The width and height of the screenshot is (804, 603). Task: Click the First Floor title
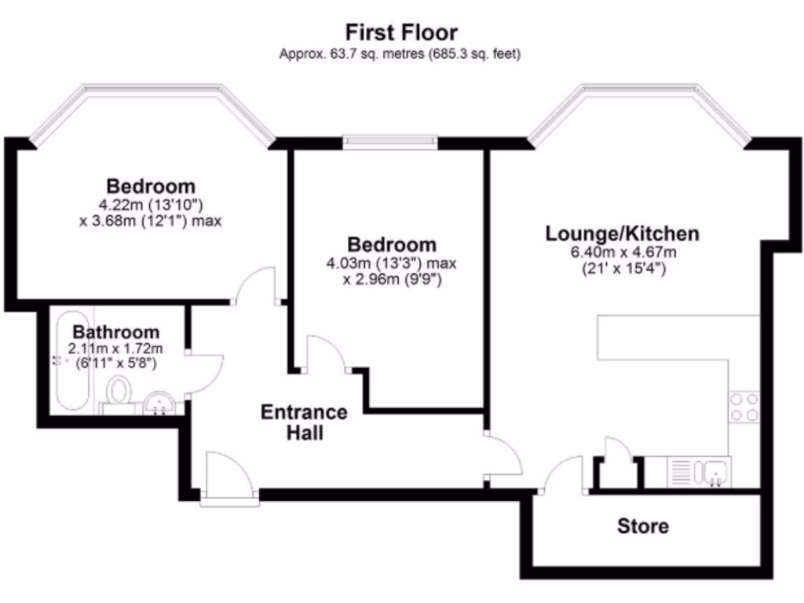(x=401, y=33)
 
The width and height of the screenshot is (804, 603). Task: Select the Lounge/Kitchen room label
(x=622, y=233)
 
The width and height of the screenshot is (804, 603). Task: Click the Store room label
(x=643, y=526)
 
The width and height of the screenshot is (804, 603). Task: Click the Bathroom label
(x=116, y=332)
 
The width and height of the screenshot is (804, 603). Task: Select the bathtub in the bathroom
(x=71, y=361)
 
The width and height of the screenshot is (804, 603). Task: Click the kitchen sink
(x=715, y=473)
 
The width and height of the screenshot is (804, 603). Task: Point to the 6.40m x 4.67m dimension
(x=623, y=252)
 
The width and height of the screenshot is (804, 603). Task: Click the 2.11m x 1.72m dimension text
(x=116, y=349)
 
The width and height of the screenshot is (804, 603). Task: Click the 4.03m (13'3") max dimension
(x=391, y=263)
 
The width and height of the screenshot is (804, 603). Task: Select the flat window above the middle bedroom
(x=390, y=141)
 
